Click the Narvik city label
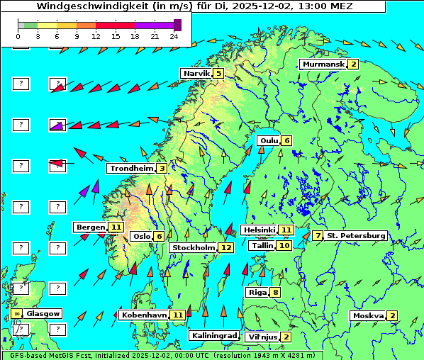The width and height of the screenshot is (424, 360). pos(196,74)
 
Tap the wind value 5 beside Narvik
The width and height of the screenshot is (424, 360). pos(218,74)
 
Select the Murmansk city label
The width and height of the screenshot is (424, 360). pos(323,64)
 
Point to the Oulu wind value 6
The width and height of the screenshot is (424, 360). pos(286,140)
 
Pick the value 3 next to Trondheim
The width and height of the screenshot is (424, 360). pos(162,169)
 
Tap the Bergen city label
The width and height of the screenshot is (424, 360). pos(91,227)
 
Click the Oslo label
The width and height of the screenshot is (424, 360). pos(142,237)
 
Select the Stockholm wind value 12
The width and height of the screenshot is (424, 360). pos(226,247)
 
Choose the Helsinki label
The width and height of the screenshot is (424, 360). pos(259,230)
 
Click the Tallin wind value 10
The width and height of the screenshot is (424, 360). pos(284,246)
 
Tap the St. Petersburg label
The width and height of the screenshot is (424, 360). pos(356,235)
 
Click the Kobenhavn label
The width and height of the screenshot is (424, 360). pos(144,315)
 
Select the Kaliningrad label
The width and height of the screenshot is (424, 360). pos(213,336)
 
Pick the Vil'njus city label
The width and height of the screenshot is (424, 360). pos(261,337)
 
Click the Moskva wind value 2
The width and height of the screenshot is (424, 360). pos(392,316)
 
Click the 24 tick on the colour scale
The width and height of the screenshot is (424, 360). pos(174,35)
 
